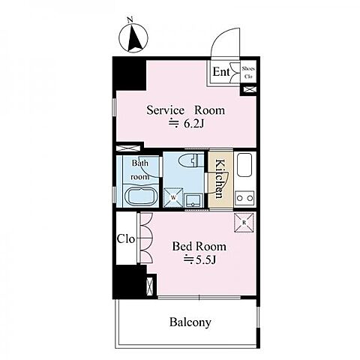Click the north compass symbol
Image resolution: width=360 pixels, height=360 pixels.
tap(133, 38)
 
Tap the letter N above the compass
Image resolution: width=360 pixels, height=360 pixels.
tap(130, 20)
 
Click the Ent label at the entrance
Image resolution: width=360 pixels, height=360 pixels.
tap(221, 72)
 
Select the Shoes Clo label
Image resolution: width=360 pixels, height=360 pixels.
tap(248, 73)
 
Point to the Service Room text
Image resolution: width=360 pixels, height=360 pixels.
tap(185, 110)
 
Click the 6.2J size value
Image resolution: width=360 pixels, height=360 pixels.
tap(186, 124)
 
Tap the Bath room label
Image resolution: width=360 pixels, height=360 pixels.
tap(140, 170)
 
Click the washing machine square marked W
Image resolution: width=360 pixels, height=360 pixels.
tap(173, 197)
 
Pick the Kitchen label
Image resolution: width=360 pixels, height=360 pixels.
tap(219, 178)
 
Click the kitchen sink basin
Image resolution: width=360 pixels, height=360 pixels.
tap(244, 165)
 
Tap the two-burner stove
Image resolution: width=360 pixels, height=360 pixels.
tap(244, 198)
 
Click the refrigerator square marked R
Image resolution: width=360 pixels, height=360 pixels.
tap(244, 223)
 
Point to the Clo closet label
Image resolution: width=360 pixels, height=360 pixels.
tap(126, 239)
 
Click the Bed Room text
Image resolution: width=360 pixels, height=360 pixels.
tap(199, 247)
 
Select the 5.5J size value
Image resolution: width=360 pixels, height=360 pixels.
tap(199, 260)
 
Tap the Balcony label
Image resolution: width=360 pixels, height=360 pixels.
tap(190, 322)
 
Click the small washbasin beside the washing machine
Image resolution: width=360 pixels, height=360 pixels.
tap(193, 201)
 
